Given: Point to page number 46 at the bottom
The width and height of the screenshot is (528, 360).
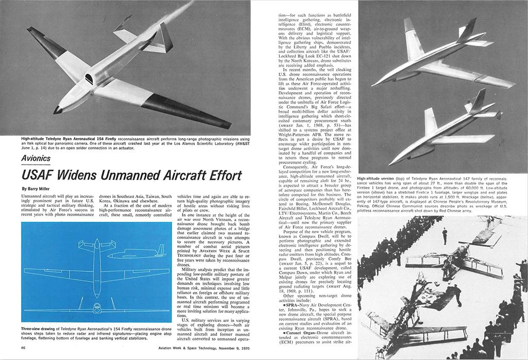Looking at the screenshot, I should [24, 348].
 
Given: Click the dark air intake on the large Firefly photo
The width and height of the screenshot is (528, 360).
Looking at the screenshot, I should [89, 79].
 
